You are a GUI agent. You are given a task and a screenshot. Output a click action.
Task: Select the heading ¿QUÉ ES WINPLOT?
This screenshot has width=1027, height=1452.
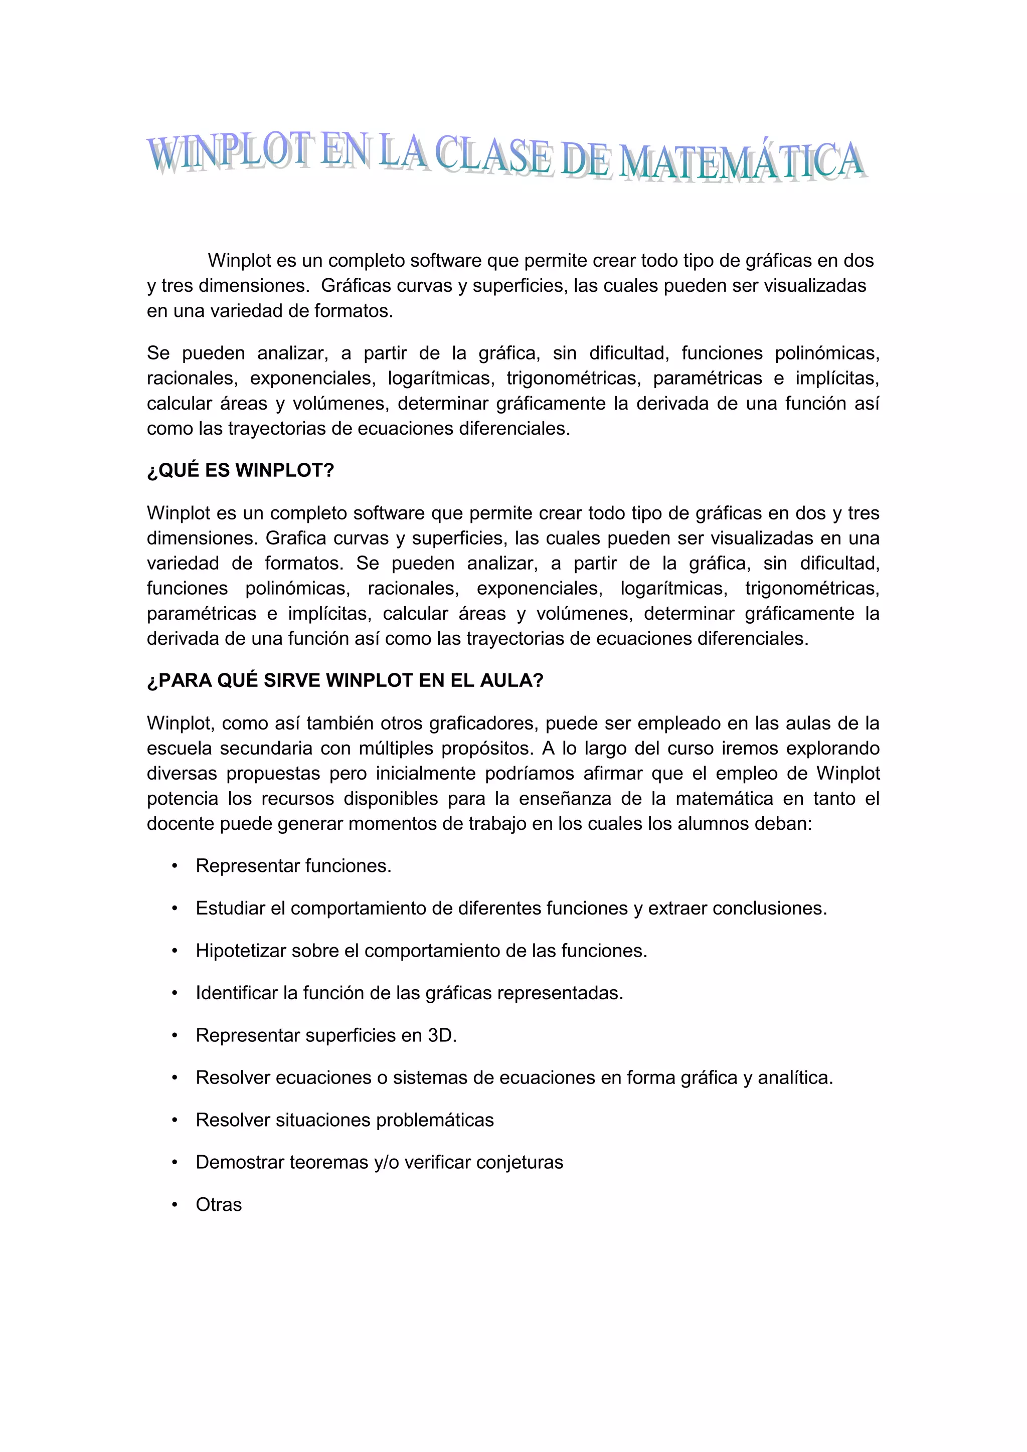click(240, 470)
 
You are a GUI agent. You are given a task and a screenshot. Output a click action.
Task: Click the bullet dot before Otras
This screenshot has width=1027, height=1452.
click(175, 1205)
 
